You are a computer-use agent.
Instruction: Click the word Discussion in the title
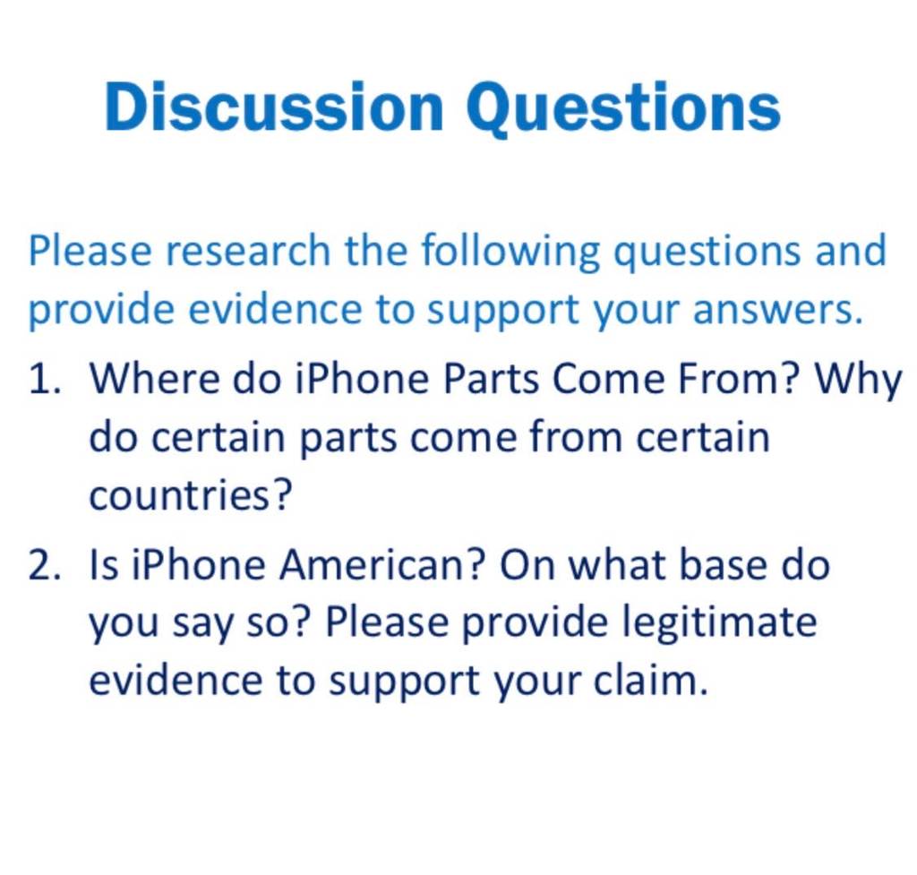pos(274,107)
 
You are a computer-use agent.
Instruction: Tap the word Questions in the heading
pos(623,107)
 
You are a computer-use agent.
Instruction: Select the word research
pos(248,251)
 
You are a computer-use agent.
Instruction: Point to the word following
pos(510,252)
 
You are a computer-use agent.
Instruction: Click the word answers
pos(778,309)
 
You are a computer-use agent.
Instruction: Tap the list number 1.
pos(45,379)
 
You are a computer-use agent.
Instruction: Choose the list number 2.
pos(45,565)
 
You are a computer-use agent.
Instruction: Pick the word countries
pos(190,495)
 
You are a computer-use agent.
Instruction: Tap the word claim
pos(650,681)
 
